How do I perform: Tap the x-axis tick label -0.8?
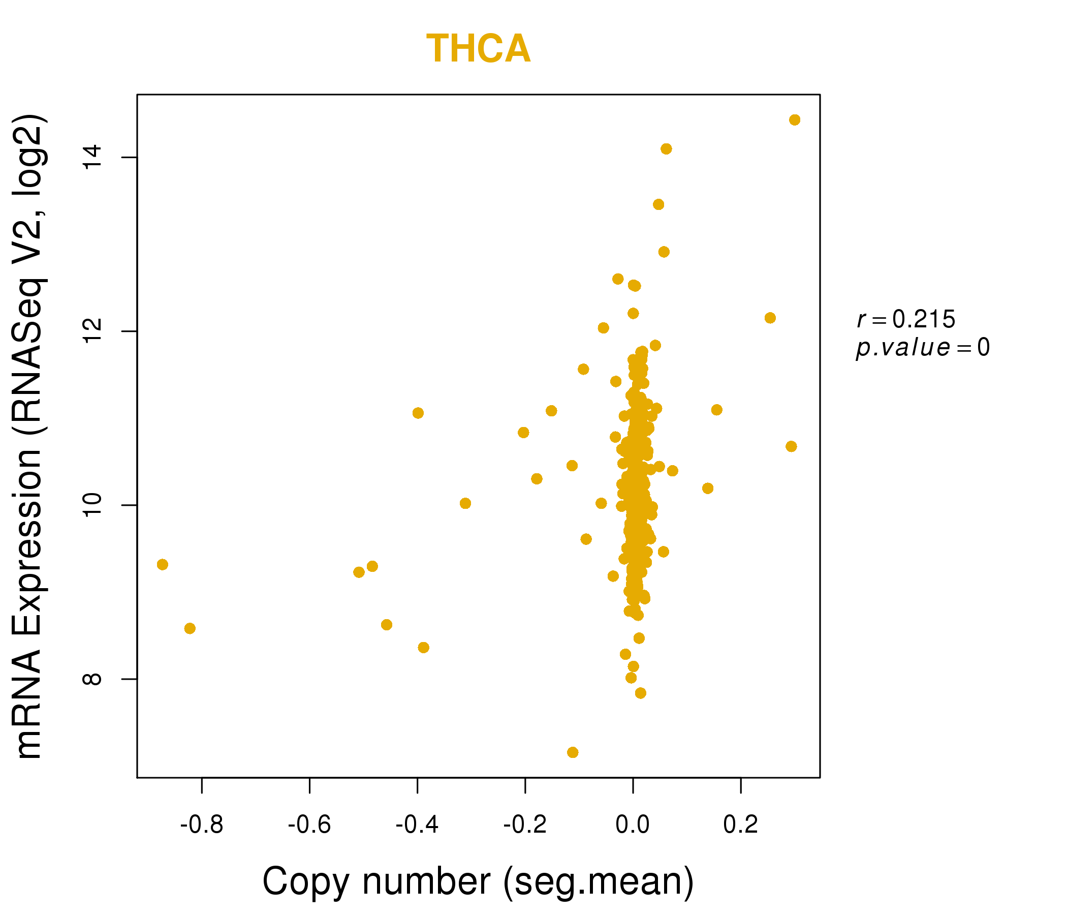point(201,825)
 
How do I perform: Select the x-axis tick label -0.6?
point(309,825)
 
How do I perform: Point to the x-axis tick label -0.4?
point(417,825)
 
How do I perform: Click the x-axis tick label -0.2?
point(525,825)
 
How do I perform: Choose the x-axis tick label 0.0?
point(633,825)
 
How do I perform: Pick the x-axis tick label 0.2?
point(740,825)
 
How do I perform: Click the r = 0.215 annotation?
point(906,319)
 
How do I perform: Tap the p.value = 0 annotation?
point(922,348)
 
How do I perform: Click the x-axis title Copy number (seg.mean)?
point(478,881)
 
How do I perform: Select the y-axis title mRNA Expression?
point(29,436)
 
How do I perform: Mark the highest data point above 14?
point(795,120)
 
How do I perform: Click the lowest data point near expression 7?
point(573,752)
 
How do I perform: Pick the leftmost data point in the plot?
point(162,565)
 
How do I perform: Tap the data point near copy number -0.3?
point(465,503)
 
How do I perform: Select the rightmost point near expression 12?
point(770,318)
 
